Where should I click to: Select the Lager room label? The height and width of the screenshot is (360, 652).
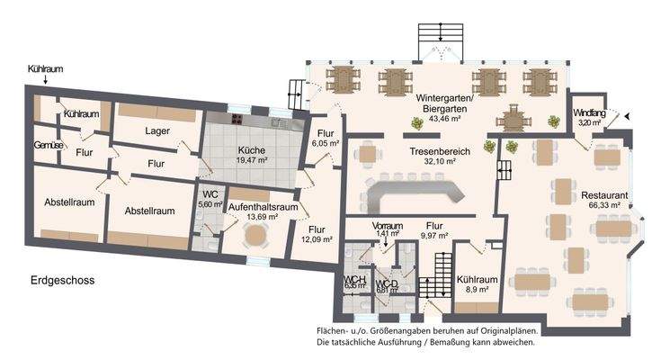coord(156,130)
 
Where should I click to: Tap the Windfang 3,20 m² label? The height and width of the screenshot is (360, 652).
coord(590,117)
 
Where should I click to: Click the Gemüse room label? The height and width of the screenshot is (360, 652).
coord(48,144)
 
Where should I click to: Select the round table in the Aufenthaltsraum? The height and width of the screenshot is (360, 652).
coord(258,237)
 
